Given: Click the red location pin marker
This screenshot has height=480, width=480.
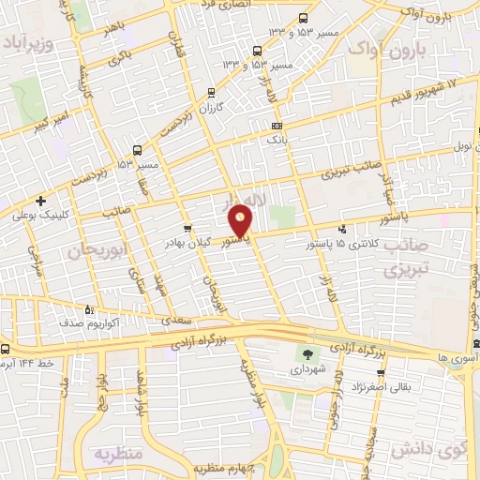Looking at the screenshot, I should point(242,219).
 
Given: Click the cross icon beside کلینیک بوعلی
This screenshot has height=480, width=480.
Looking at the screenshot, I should point(40,201).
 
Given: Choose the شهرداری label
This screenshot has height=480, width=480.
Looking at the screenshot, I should point(306,370).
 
